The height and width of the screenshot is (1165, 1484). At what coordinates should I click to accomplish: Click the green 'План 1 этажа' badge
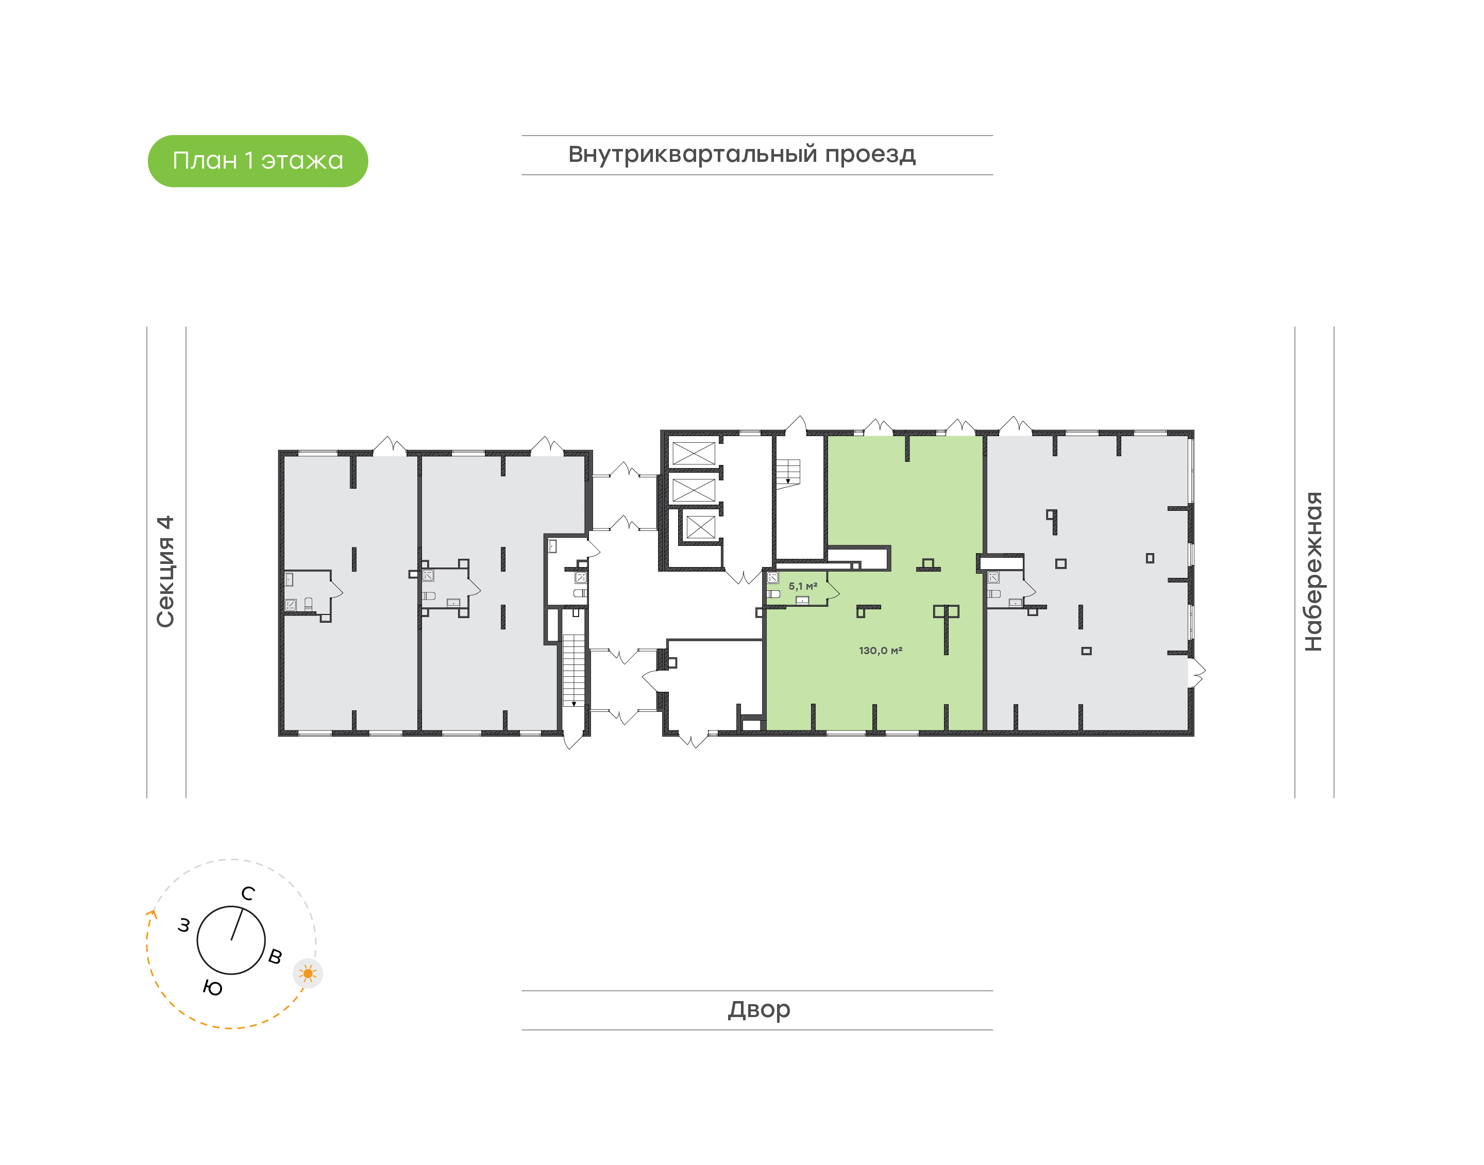click(x=258, y=161)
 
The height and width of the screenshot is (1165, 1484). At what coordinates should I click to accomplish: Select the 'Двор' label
click(x=758, y=1009)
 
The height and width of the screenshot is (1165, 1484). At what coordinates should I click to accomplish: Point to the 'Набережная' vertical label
click(x=1313, y=571)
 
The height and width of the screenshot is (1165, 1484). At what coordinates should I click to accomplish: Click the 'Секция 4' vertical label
click(x=165, y=571)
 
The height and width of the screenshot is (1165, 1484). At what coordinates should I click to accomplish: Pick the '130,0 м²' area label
click(x=880, y=651)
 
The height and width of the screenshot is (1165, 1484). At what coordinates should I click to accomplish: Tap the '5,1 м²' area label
click(x=802, y=586)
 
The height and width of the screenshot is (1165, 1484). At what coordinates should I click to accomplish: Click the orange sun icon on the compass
click(x=308, y=973)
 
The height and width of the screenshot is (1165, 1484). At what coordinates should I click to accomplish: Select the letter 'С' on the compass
click(x=248, y=893)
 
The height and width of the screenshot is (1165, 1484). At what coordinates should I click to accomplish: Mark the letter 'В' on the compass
click(x=275, y=956)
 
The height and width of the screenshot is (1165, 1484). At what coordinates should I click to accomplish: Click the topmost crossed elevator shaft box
click(x=693, y=454)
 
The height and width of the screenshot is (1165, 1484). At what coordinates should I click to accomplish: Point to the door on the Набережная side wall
click(x=1196, y=671)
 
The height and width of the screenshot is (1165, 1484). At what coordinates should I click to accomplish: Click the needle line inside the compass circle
click(x=237, y=925)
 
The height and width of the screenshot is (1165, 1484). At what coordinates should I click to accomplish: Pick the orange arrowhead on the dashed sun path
click(x=152, y=914)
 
